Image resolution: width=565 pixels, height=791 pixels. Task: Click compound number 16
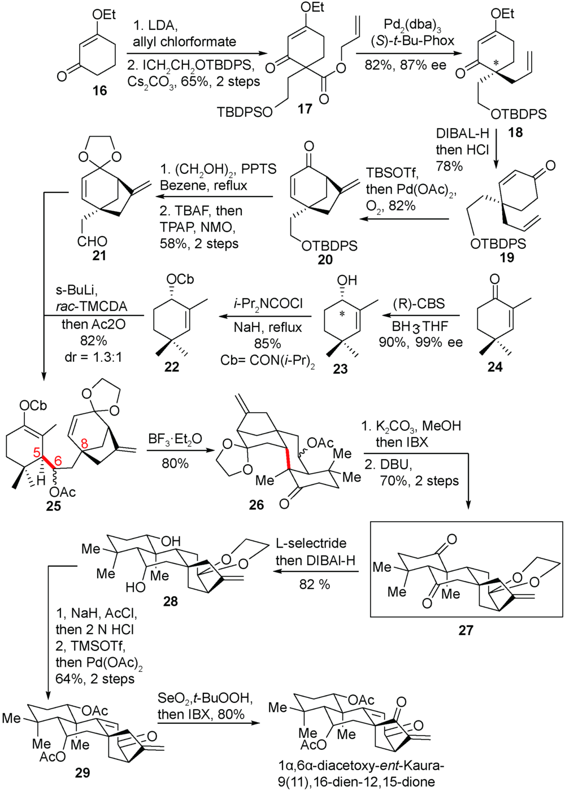(99, 90)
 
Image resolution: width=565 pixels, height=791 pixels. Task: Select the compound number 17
(305, 108)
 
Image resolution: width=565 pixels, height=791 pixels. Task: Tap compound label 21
(99, 256)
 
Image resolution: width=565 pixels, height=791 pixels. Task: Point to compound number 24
(495, 367)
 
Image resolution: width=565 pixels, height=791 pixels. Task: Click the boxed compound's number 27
(465, 630)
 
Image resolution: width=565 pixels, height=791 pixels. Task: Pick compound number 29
(82, 772)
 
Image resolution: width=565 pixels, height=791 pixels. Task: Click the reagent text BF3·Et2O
(175, 439)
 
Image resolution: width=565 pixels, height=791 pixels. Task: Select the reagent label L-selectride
(311, 543)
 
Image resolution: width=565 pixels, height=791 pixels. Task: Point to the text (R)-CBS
(419, 303)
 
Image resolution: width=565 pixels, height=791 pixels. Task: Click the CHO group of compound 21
(93, 242)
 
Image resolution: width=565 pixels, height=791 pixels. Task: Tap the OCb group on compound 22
(181, 280)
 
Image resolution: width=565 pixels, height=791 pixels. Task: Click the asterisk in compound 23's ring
(341, 314)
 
